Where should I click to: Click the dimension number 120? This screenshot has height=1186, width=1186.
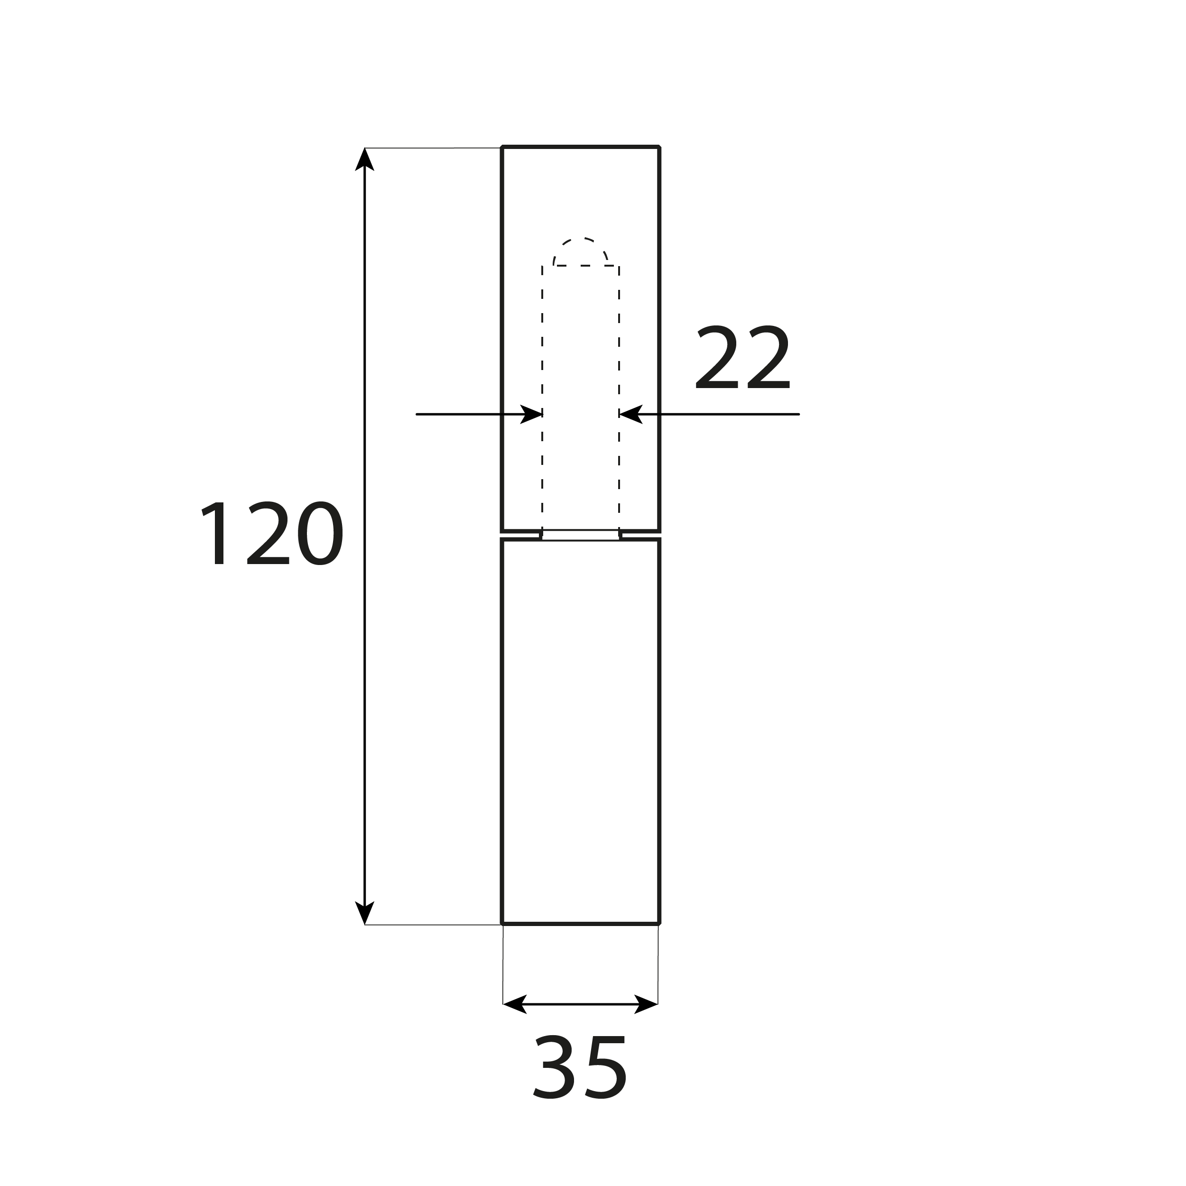pyautogui.click(x=271, y=533)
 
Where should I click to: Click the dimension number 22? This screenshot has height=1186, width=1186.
pyautogui.click(x=743, y=357)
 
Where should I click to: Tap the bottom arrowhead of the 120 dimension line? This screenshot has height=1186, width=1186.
pyautogui.click(x=365, y=912)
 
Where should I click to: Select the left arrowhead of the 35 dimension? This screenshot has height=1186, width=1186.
pyautogui.click(x=514, y=1004)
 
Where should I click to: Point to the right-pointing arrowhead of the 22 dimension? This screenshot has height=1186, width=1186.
pyautogui.click(x=531, y=414)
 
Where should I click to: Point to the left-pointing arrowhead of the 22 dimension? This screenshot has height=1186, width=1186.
pyautogui.click(x=630, y=414)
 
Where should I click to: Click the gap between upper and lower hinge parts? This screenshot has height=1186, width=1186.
pyautogui.click(x=580, y=535)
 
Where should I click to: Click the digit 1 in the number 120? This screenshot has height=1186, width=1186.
pyautogui.click(x=216, y=533)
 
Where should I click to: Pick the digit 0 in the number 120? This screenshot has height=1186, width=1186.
pyautogui.click(x=320, y=533)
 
